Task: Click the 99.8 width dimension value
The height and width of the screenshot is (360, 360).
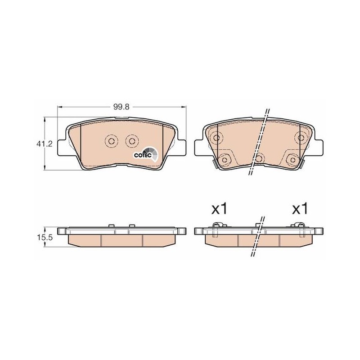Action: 121,107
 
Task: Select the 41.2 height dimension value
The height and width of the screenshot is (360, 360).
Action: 44,144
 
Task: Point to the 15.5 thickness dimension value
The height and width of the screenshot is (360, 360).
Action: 44,238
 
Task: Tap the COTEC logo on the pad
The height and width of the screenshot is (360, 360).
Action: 145,154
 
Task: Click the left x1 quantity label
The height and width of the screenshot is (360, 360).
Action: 219,209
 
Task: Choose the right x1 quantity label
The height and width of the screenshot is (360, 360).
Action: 300,209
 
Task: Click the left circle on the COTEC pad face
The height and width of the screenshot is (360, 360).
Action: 112,141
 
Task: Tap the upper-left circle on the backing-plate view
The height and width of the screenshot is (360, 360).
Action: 216,138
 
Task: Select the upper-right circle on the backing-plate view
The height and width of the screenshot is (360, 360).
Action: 301,138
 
